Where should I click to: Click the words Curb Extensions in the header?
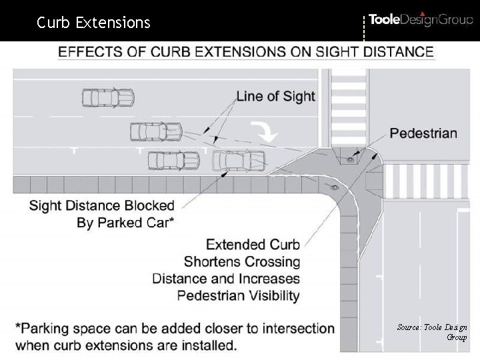[x=93, y=23]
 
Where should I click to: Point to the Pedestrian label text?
[x=423, y=133]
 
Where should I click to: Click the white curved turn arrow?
[x=267, y=131]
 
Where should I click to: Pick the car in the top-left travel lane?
[x=107, y=98]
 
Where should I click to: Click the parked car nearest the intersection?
[x=238, y=160]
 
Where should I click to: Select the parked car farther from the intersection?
[x=174, y=160]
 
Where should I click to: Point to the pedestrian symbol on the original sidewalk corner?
[x=335, y=189]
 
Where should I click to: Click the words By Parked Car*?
[x=125, y=223]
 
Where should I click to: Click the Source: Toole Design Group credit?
[x=432, y=332]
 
